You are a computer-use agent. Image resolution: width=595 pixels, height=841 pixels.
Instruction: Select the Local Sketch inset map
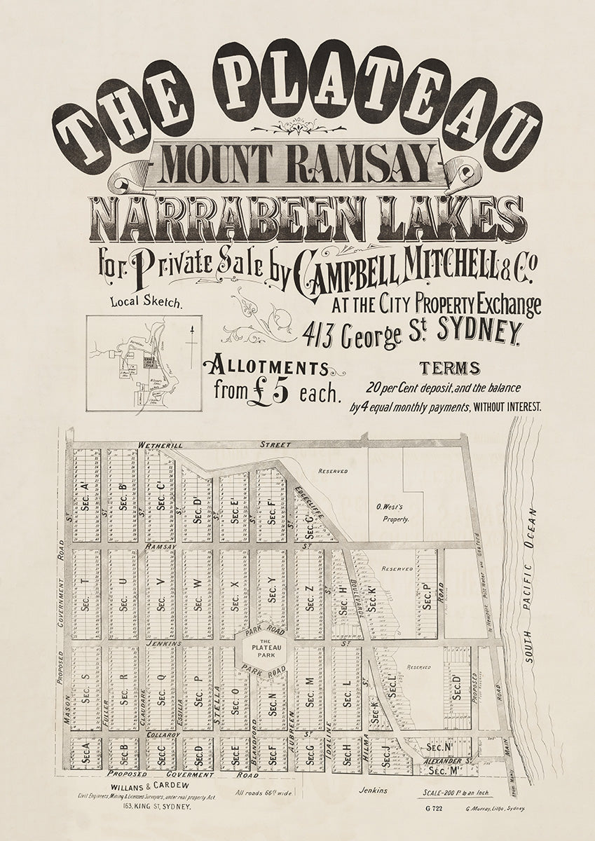pos(144,362)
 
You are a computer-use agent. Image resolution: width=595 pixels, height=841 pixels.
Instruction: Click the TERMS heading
pos(449,368)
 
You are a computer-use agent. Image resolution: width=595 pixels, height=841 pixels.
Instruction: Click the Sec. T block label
pos(86,596)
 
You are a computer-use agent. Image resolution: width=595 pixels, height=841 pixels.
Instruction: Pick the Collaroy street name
pos(164,734)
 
